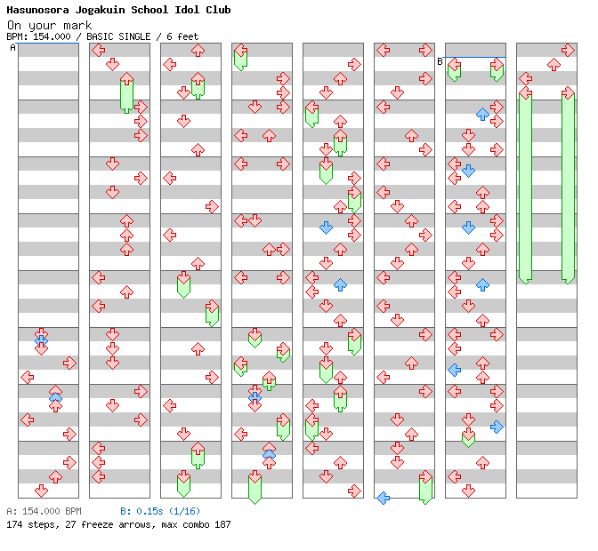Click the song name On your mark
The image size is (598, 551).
pyautogui.click(x=44, y=24)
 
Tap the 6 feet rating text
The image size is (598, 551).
pyautogui.click(x=181, y=36)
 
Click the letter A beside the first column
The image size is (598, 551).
pyautogui.click(x=12, y=47)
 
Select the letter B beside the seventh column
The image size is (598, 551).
pyautogui.click(x=440, y=61)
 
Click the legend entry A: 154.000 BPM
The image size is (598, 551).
pyautogui.click(x=44, y=511)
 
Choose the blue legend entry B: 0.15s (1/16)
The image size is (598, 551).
pyautogui.click(x=160, y=511)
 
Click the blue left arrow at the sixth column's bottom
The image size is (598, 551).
pyautogui.click(x=383, y=498)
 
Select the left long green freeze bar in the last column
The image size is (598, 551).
pyautogui.click(x=525, y=187)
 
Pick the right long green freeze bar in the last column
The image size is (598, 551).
pyautogui.click(x=568, y=187)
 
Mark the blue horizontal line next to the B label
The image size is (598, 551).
pyautogui.click(x=475, y=58)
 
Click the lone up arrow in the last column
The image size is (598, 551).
pyautogui.click(x=554, y=64)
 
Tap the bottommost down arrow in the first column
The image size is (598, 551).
pyautogui.click(x=41, y=491)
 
